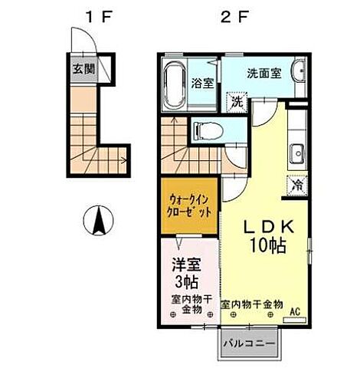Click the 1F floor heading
pos(96,16)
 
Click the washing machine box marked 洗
pos(237,101)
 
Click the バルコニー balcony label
pos(250,343)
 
